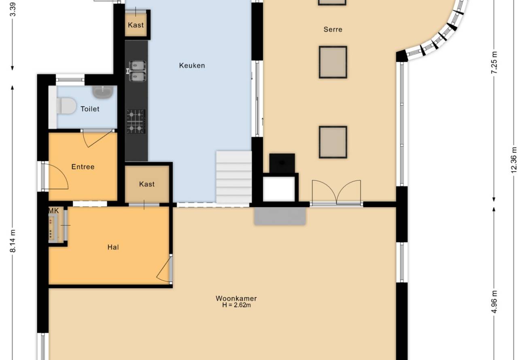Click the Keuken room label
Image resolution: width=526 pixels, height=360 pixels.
click(192, 66)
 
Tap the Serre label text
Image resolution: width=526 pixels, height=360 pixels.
click(333, 30)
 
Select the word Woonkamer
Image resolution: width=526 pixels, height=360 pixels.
click(236, 298)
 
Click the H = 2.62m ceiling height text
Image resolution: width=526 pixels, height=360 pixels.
click(236, 305)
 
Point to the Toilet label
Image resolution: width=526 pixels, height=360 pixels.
click(90, 109)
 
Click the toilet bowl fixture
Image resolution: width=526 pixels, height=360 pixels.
click(66, 106)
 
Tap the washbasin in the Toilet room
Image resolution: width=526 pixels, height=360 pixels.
click(103, 92)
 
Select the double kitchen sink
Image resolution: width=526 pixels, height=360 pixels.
click(137, 71)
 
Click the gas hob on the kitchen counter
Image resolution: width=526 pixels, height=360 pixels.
click(136, 121)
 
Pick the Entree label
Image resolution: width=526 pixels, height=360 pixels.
click(83, 167)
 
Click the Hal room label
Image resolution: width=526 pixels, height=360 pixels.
click(113, 247)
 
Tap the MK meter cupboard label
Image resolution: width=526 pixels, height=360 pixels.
click(53, 211)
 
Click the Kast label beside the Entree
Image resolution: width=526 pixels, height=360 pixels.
click(147, 184)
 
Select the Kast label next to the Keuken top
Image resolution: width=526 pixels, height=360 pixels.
click(136, 25)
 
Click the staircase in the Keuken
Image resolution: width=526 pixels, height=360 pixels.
click(234, 177)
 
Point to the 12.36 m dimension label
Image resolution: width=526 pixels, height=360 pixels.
click(514, 160)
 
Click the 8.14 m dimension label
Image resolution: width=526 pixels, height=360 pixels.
click(13, 241)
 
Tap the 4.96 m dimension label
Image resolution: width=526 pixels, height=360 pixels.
click(494, 302)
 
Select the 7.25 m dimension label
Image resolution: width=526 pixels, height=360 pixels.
click(494, 62)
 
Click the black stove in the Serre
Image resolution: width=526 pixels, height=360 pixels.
click(282, 163)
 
